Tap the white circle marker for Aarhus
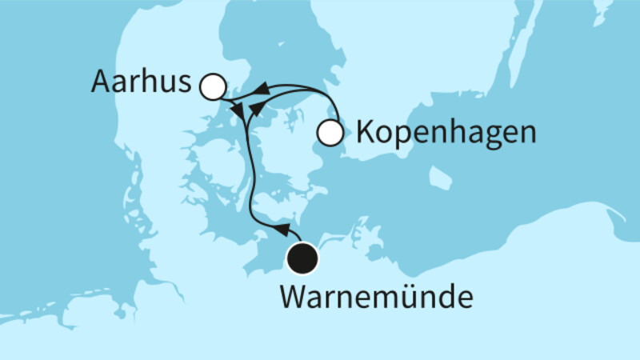tap(212, 86)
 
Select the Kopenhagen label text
tap(445, 132)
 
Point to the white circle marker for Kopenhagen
tap(330, 132)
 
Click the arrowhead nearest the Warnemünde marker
tap(282, 230)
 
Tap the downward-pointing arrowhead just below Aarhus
tap(237, 109)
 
